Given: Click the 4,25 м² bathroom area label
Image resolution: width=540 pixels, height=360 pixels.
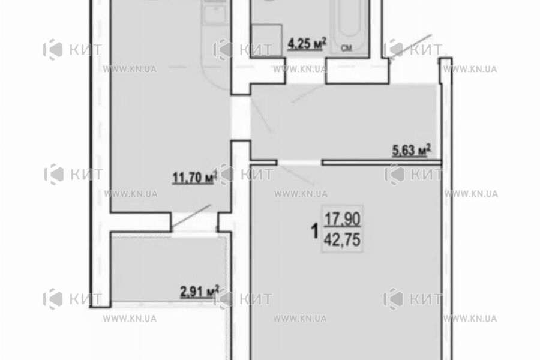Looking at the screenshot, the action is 307,44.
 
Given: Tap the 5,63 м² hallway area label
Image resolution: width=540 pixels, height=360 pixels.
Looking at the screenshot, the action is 412,151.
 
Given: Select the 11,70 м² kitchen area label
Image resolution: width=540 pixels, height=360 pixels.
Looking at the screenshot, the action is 194,178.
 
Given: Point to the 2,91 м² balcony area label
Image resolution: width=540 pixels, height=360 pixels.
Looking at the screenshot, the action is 200,292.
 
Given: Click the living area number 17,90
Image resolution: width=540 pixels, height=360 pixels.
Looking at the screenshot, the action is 343,218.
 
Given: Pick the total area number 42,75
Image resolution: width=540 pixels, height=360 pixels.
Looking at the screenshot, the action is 343,239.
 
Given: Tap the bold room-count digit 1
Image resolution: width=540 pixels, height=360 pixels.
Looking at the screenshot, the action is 314,231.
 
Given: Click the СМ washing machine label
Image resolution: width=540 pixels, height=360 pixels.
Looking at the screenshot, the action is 346,49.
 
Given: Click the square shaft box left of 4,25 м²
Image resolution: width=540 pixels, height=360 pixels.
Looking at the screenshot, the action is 267,39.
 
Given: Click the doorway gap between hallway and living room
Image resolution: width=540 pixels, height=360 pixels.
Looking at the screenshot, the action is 299,162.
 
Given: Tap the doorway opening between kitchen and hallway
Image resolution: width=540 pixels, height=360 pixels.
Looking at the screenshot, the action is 241,118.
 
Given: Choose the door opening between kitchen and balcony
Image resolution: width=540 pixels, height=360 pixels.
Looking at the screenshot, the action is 195,223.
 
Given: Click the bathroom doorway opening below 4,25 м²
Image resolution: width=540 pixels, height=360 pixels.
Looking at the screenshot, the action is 305,71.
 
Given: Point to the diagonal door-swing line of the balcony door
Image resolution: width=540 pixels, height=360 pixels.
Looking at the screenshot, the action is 191,216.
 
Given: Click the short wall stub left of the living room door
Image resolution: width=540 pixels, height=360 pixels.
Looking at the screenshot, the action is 264,162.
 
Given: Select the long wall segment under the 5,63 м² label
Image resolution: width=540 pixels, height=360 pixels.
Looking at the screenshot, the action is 382,162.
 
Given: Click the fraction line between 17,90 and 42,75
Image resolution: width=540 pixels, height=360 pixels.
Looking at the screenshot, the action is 343,227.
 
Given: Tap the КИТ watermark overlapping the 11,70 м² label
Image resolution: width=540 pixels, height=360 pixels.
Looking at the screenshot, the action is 229,175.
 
